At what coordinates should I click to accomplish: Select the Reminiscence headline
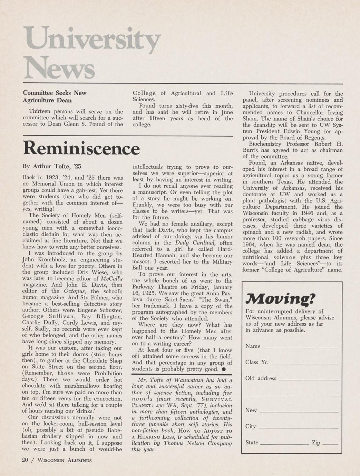coord(81,149)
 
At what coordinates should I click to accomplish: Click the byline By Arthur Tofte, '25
coord(52,166)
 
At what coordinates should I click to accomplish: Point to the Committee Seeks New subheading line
coord(55,93)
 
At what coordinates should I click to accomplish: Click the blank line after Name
coord(301,348)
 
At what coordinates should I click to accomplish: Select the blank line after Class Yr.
coord(305,364)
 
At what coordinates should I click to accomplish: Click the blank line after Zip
coord(330,444)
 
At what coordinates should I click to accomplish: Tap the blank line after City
coord(298,428)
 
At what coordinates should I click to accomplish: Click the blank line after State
coord(284,444)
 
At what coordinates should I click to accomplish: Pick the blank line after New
coord(299,412)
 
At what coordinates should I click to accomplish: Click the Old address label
coord(261,378)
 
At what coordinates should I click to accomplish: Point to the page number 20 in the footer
coord(25,459)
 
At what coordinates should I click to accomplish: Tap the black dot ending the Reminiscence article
coord(224,369)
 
